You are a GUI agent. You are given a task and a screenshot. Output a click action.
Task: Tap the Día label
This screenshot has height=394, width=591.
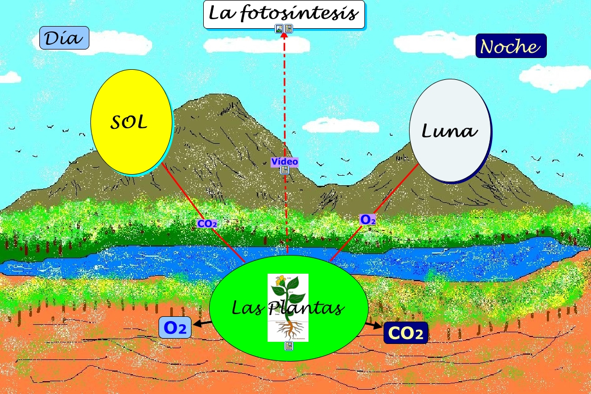point(64,38)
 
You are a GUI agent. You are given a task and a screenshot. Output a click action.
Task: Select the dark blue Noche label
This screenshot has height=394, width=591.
point(511,46)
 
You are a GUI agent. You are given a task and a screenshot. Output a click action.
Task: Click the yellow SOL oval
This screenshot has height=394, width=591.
point(131,123)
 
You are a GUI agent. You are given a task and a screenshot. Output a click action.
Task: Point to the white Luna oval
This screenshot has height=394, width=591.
point(449,130)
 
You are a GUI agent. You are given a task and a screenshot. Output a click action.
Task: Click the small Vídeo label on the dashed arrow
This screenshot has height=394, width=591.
point(285,162)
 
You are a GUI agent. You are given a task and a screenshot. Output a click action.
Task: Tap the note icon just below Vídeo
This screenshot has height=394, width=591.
point(285,170)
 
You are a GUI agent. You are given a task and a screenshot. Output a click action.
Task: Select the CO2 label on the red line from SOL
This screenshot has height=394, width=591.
point(207,224)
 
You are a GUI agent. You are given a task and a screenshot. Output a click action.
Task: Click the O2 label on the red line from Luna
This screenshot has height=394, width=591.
point(368,219)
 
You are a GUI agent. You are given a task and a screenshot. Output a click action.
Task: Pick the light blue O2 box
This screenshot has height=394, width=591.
point(175,327)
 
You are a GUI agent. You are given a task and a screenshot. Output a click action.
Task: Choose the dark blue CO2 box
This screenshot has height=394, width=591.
point(405,333)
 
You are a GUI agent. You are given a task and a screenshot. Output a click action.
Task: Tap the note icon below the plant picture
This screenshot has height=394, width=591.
point(288,346)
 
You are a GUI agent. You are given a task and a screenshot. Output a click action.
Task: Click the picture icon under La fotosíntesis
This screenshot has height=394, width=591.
point(279,29)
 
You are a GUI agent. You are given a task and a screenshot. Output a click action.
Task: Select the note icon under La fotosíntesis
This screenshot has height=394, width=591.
point(288,29)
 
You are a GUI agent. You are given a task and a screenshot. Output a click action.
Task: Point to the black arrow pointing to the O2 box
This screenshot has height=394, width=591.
point(202,323)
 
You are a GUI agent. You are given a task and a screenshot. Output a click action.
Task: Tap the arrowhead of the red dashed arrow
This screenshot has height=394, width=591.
point(284,38)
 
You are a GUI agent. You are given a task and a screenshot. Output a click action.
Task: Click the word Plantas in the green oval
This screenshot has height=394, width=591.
point(311,308)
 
